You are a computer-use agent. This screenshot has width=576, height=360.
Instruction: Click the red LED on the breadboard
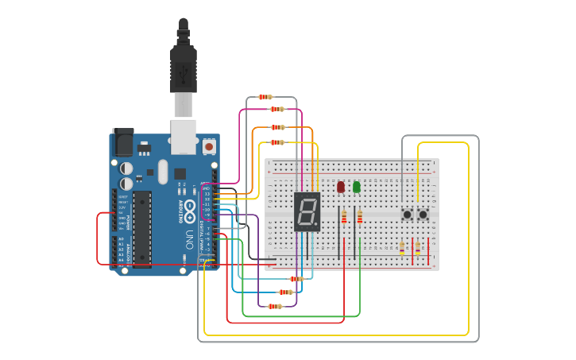click(x=341, y=187)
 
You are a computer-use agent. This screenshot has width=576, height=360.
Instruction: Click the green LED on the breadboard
click(x=357, y=187)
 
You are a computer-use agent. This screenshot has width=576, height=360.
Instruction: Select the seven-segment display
click(x=307, y=211)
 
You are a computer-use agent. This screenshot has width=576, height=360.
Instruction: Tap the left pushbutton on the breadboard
click(x=407, y=214)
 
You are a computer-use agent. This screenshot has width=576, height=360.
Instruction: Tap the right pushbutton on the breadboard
click(x=423, y=214)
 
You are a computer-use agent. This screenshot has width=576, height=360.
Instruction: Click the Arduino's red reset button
click(x=209, y=146)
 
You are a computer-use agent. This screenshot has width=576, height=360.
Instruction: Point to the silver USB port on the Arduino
click(x=184, y=136)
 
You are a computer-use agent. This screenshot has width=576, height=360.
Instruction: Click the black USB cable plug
click(x=184, y=72)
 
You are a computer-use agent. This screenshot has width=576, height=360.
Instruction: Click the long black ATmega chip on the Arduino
click(x=141, y=228)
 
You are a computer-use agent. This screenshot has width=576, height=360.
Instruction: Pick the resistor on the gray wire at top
click(x=265, y=97)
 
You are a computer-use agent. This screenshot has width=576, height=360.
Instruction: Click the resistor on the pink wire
click(x=276, y=109)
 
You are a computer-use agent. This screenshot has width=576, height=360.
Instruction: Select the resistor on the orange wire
click(x=277, y=127)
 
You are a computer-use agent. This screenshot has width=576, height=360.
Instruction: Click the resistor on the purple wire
click(x=274, y=306)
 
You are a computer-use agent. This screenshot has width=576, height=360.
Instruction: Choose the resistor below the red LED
click(x=343, y=218)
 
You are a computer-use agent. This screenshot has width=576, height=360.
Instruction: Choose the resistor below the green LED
click(x=359, y=218)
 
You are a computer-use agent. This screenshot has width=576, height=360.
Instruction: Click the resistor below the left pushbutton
click(x=402, y=249)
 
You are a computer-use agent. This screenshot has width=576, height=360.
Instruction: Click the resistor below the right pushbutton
click(x=418, y=249)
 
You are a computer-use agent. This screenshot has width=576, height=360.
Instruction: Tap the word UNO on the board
click(x=189, y=239)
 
